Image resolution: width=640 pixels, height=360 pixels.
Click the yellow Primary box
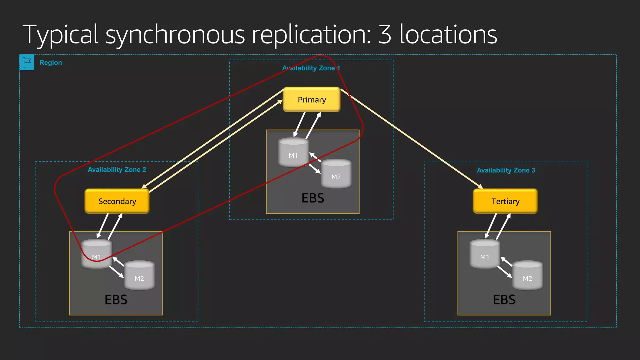tap(312, 100)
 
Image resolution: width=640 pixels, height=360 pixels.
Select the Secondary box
tap(117, 201)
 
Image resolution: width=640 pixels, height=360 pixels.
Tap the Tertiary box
tap(505, 201)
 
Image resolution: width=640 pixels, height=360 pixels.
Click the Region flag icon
tap(27, 62)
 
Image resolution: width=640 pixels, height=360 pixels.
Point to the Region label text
tap(51, 62)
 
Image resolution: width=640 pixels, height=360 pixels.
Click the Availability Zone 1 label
tap(311, 68)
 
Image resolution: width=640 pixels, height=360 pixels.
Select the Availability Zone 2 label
tap(117, 170)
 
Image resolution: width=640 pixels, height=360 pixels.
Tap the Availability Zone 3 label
tap(506, 170)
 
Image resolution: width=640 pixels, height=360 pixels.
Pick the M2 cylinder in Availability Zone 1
tap(336, 174)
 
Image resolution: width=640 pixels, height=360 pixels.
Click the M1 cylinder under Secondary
tap(97, 254)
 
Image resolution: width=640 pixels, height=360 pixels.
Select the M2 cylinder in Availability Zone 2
tap(139, 276)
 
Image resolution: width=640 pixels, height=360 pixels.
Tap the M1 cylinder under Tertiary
tap(485, 254)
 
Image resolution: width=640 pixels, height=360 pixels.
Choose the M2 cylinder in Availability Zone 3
tap(527, 276)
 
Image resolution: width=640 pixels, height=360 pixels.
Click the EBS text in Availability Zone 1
tap(313, 198)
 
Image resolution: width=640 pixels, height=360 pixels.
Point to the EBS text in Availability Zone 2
tap(116, 300)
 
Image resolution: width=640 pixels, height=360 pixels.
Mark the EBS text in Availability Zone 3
tap(504, 300)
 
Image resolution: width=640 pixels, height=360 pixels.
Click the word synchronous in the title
tap(175, 35)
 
